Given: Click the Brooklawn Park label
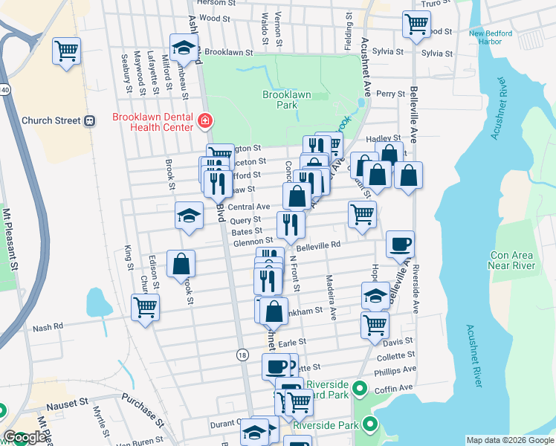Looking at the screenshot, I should tap(285, 100).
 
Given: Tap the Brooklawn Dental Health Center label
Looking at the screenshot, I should tap(152, 122).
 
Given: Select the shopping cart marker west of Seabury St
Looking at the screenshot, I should tap(66, 51).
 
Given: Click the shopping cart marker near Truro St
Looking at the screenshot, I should tap(416, 23).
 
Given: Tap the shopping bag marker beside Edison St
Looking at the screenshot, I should tap(181, 263).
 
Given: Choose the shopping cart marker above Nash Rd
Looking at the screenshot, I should tap(145, 306).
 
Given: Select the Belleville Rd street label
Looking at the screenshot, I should tap(318, 245).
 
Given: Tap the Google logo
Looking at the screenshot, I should tap(25, 438).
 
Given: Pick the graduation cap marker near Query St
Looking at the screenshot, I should tap(189, 216).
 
